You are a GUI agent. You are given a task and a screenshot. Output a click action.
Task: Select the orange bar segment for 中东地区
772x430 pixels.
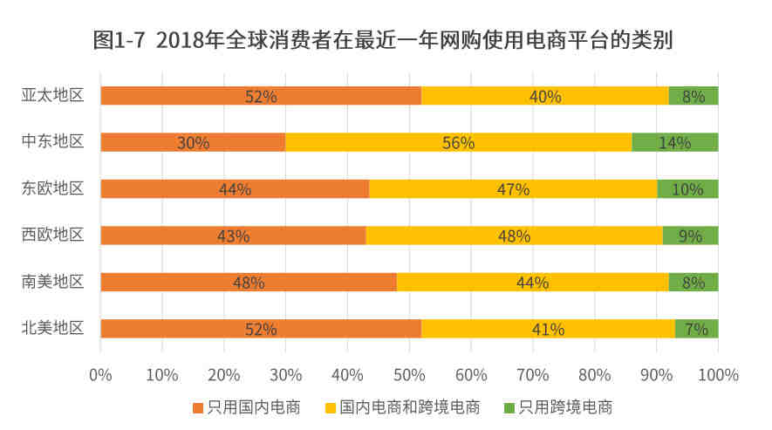pyautogui.click(x=193, y=142)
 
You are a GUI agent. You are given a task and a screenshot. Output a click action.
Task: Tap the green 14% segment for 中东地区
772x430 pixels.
pyautogui.click(x=674, y=142)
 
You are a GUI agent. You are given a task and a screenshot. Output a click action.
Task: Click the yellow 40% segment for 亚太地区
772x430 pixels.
pyautogui.click(x=544, y=96)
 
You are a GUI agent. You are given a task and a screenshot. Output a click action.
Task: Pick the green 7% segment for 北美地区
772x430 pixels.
pyautogui.click(x=696, y=329)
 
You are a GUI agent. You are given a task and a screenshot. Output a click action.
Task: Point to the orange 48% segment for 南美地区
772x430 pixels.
pyautogui.click(x=249, y=282)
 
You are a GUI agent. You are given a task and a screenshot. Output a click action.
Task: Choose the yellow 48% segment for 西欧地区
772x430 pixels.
pyautogui.click(x=514, y=235)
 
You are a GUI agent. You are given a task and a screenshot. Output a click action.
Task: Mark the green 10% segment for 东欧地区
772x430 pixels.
pyautogui.click(x=687, y=189)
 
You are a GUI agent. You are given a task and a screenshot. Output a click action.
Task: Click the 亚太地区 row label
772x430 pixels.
pyautogui.click(x=52, y=95)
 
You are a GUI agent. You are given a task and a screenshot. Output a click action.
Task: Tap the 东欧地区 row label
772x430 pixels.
pyautogui.click(x=52, y=188)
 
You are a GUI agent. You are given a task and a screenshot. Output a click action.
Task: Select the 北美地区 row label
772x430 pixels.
pyautogui.click(x=52, y=328)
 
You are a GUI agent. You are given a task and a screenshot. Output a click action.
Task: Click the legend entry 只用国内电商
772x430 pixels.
pyautogui.click(x=247, y=407)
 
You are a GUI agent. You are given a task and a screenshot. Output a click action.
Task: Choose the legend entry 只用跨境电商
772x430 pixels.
pyautogui.click(x=558, y=407)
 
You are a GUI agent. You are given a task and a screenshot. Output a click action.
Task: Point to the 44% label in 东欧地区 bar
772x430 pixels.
pyautogui.click(x=235, y=189)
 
